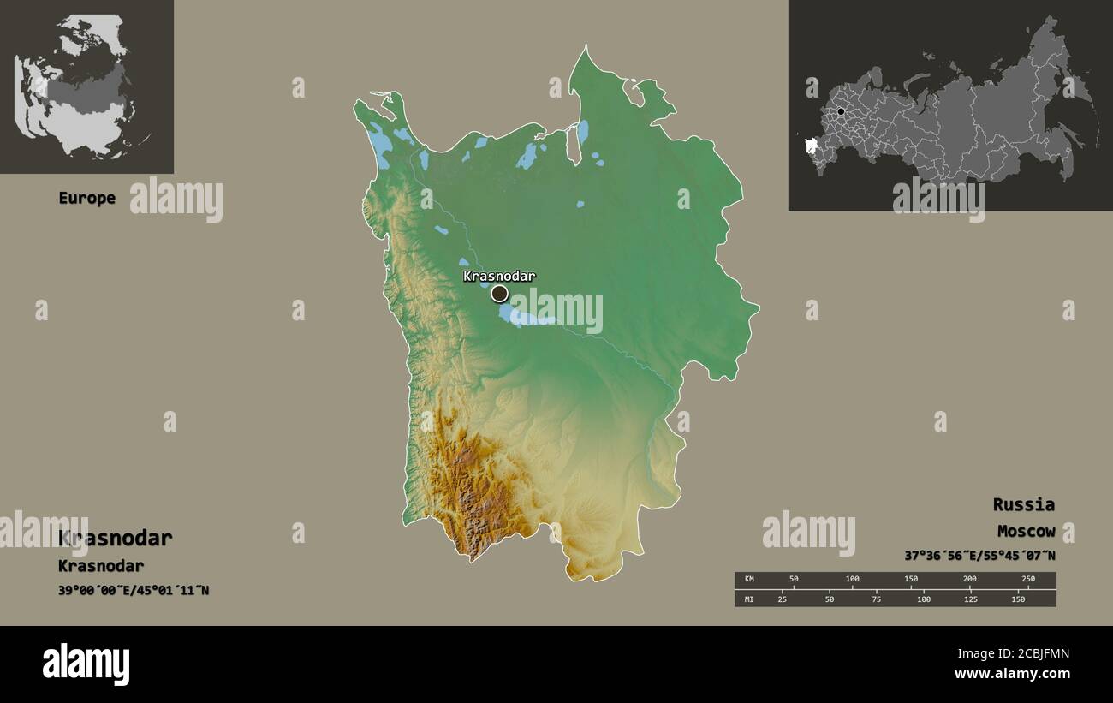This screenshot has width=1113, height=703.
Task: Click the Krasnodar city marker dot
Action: pyautogui.click(x=499, y=294)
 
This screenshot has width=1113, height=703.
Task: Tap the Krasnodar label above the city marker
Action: pyautogui.click(x=499, y=276)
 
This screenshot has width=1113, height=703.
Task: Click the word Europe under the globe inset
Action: pyautogui.click(x=86, y=198)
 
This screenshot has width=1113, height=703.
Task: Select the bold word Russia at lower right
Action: pyautogui.click(x=1023, y=504)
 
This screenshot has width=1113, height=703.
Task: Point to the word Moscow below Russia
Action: pyautogui.click(x=1026, y=532)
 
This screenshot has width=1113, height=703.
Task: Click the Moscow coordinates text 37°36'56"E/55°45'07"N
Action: pyautogui.click(x=979, y=556)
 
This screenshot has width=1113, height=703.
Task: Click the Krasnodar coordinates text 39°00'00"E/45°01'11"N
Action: pyautogui.click(x=134, y=590)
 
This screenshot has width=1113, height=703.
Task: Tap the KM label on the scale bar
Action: pyautogui.click(x=749, y=580)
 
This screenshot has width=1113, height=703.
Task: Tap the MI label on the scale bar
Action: pyautogui.click(x=749, y=599)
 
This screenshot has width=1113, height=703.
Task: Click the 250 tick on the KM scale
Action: pyautogui.click(x=1028, y=580)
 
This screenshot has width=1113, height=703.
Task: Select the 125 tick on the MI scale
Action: pyautogui.click(x=970, y=599)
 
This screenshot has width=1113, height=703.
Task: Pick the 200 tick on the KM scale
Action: pyautogui.click(x=970, y=580)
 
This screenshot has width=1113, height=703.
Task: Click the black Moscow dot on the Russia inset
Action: pyautogui.click(x=842, y=111)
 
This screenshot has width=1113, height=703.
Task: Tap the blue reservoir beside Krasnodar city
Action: pyautogui.click(x=524, y=318)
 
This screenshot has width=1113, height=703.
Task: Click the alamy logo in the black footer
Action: pyautogui.click(x=86, y=664)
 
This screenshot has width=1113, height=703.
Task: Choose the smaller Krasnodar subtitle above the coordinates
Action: pyautogui.click(x=101, y=566)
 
